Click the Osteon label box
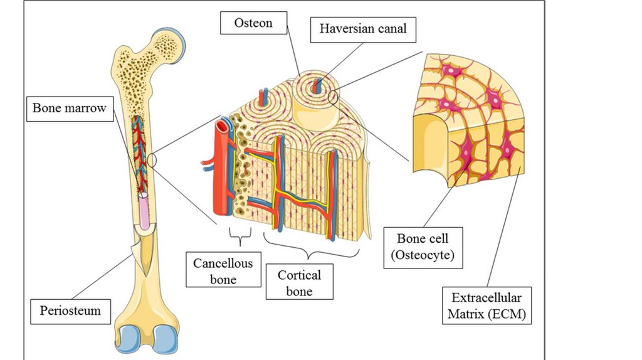click(x=253, y=23)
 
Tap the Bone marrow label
click(x=69, y=109)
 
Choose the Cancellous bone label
click(x=223, y=270)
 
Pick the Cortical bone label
click(x=298, y=282)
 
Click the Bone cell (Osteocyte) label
click(x=422, y=246)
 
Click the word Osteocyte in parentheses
click(x=422, y=255)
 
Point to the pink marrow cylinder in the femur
click(x=145, y=210)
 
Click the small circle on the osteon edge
click(x=332, y=97)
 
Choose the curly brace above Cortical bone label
click(x=310, y=250)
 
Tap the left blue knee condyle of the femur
click(x=131, y=339)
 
